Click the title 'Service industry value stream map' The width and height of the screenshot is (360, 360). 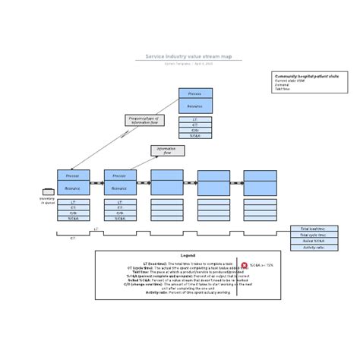pyautogui.click(x=179, y=56)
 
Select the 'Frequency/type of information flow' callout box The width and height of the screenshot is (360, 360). pyautogui.click(x=144, y=120)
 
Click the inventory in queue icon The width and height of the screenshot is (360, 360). pyautogui.click(x=48, y=191)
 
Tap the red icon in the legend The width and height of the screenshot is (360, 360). pyautogui.click(x=245, y=265)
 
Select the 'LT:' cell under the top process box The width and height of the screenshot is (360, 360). pyautogui.click(x=195, y=119)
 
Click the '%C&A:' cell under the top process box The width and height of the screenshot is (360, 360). pyautogui.click(x=195, y=137)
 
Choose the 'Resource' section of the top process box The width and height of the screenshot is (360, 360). pyautogui.click(x=195, y=106)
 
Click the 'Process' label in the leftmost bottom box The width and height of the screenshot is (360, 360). pyautogui.click(x=73, y=175)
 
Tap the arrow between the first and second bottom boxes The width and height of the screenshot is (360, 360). pyautogui.click(x=96, y=183)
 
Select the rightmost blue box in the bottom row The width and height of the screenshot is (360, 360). pyautogui.click(x=260, y=183)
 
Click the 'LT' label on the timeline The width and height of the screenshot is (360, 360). pyautogui.click(x=96, y=228)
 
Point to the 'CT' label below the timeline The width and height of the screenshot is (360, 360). pyautogui.click(x=73, y=238)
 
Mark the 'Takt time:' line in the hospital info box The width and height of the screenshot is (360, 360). pyautogui.click(x=282, y=88)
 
